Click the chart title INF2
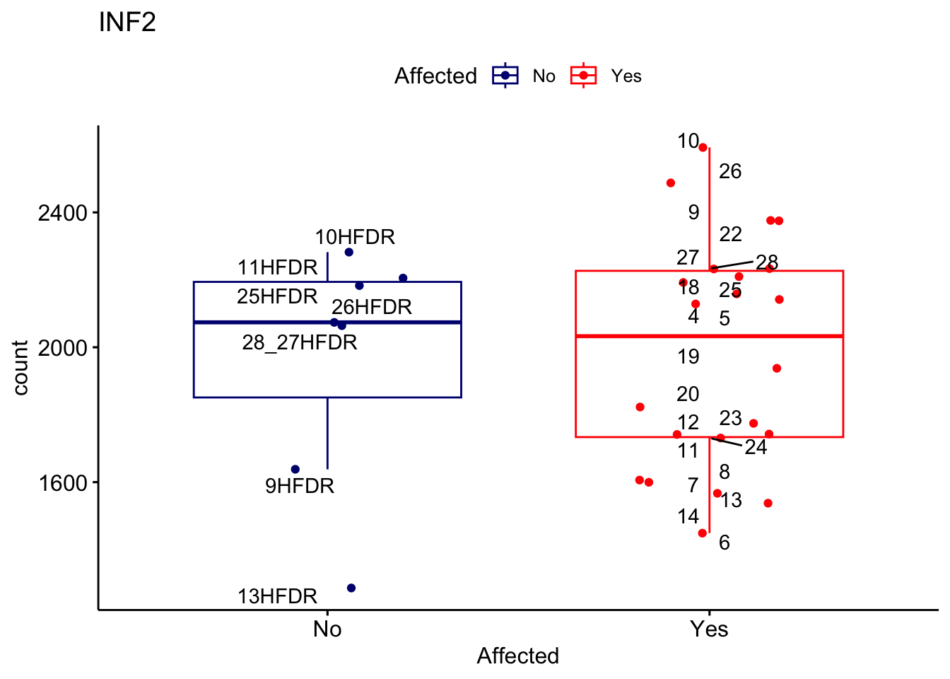127,23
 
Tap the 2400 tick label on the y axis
62,213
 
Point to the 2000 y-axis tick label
62,348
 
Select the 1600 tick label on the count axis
62,483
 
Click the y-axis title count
20,368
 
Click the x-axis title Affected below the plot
517,656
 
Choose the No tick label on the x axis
327,629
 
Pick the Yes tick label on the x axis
709,629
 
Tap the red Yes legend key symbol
583,76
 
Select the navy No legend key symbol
505,76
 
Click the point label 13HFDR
277,596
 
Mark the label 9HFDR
300,486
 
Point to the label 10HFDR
355,237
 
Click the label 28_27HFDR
300,342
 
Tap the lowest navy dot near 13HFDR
351,588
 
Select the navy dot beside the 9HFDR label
295,470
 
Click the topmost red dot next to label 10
703,147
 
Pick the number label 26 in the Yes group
730,171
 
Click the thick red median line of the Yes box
778,336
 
